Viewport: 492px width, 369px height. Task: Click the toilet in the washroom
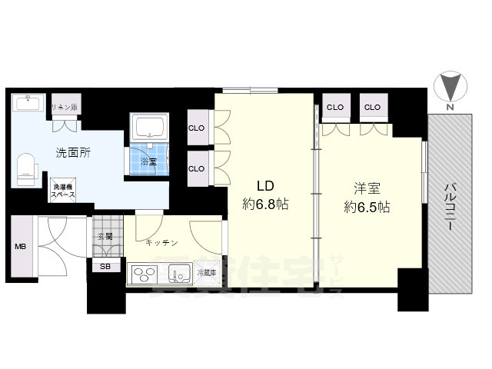[x=26, y=168]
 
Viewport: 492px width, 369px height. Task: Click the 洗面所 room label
[x=73, y=152]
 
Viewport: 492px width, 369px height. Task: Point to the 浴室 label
[x=149, y=161]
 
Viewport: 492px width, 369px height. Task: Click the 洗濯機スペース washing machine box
[x=64, y=191]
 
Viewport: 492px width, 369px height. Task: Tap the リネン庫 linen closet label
[x=64, y=107]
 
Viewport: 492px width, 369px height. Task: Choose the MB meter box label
[x=20, y=247]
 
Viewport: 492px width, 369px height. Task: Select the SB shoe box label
[x=105, y=266]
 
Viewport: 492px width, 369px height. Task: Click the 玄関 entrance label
[x=105, y=237]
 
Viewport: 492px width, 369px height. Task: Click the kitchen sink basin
[x=179, y=274]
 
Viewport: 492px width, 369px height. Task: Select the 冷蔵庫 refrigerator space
[x=207, y=273]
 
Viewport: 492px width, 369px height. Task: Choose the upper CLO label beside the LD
[x=197, y=128]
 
